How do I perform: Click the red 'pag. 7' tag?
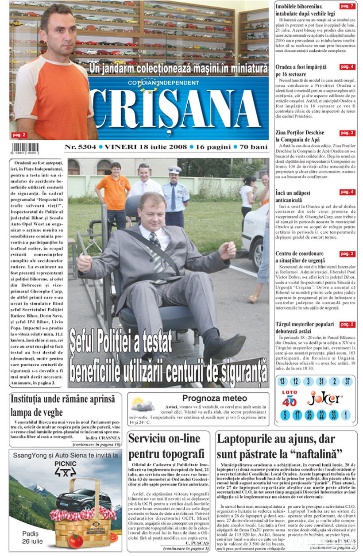(x=347, y=6)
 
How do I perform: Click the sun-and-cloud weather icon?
(x=142, y=405)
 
